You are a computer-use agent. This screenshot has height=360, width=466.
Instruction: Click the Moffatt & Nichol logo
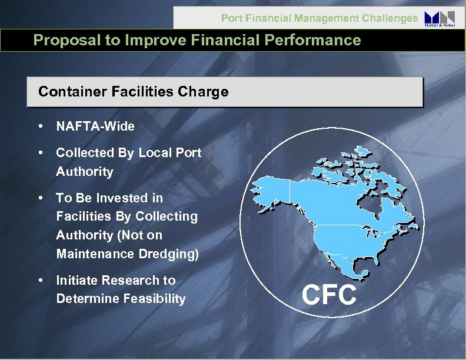439,19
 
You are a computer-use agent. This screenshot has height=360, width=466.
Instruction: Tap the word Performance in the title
316,40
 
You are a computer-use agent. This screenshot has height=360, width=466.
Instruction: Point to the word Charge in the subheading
207,92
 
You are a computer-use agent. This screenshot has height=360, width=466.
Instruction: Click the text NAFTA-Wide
95,126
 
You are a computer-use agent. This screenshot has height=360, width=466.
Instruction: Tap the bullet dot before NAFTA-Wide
40,126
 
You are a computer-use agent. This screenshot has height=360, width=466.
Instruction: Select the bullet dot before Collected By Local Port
40,153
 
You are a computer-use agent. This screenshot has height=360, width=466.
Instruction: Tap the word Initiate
76,281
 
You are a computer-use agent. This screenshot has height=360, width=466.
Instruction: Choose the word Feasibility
154,299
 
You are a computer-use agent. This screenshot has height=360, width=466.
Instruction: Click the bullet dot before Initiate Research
40,281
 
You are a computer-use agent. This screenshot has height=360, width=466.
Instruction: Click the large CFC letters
329,294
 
